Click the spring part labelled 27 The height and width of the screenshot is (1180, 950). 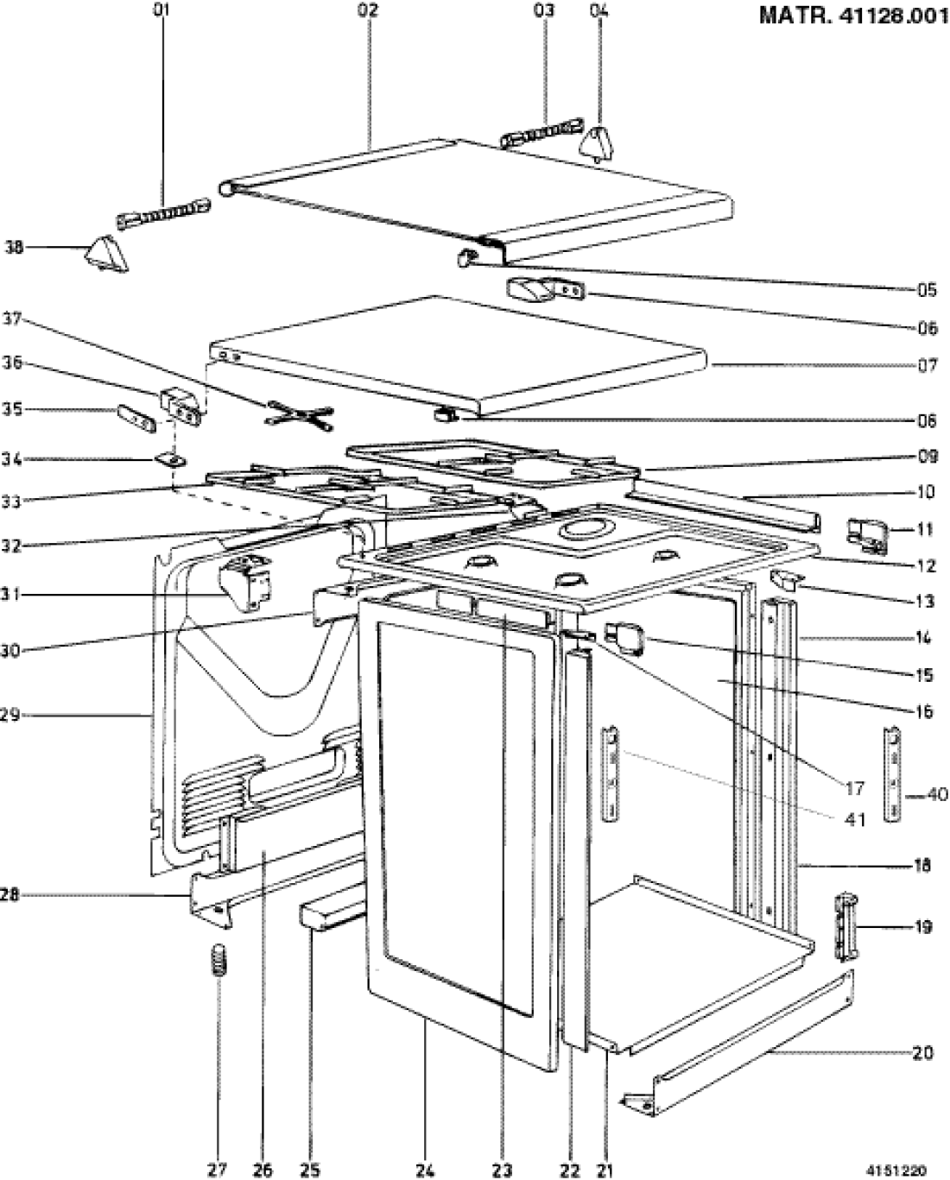point(218,959)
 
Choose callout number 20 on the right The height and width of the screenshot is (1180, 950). point(923,1053)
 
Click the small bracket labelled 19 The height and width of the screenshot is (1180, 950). point(844,927)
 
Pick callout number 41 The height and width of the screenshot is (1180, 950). point(854,819)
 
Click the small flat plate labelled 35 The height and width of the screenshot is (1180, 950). point(136,418)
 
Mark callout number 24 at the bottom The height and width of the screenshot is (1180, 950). point(423,1170)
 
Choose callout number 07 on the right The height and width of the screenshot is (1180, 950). point(926,365)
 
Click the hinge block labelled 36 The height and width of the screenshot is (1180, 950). point(182,404)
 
